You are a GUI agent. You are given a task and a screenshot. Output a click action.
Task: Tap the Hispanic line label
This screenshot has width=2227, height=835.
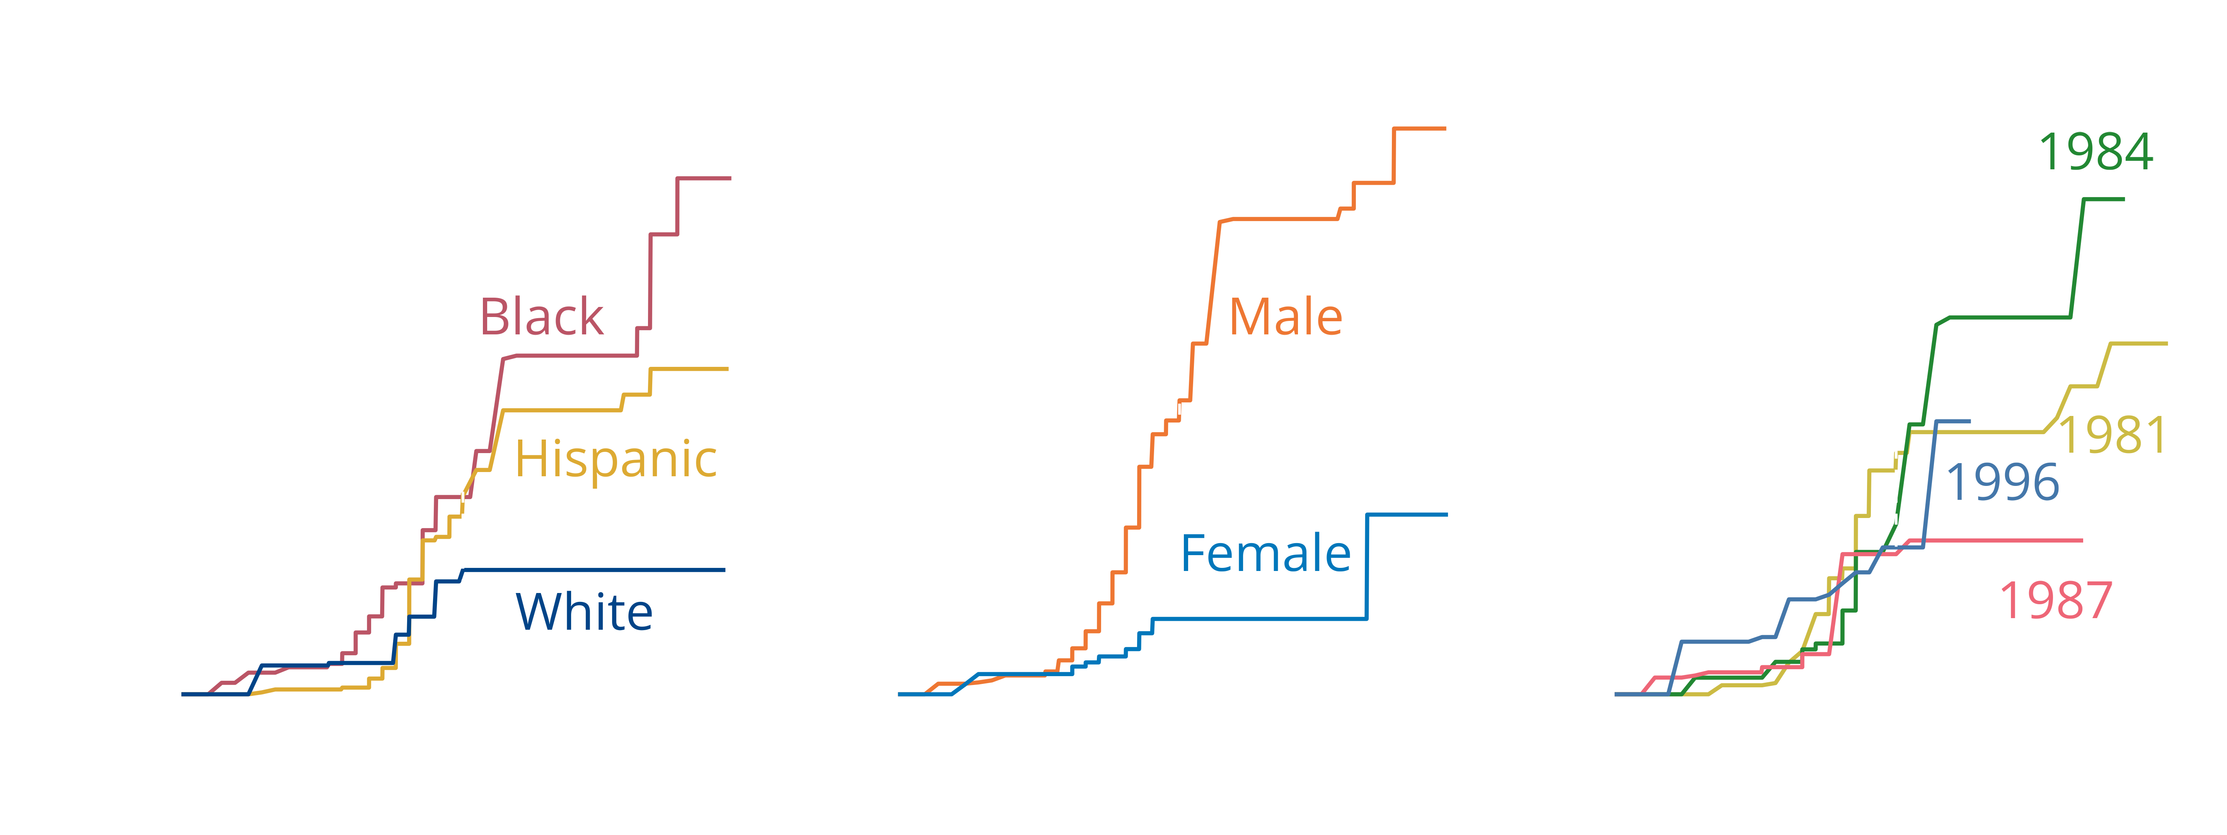coord(616,459)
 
